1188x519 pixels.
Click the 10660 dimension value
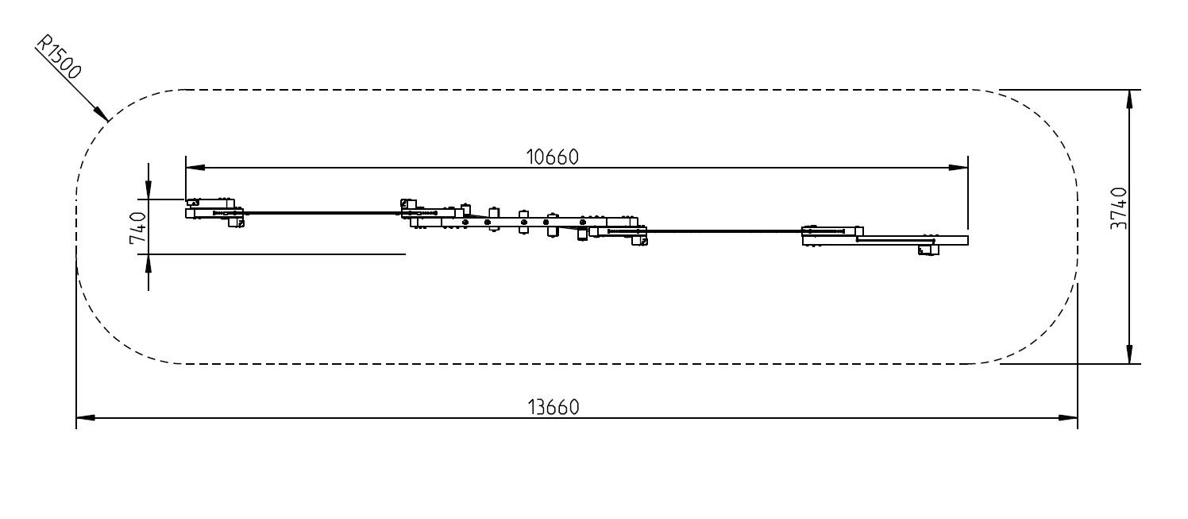tap(552, 157)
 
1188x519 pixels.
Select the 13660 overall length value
tap(553, 408)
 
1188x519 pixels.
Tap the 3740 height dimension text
tap(1119, 208)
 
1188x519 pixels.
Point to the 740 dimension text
tap(138, 227)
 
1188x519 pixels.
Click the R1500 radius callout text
tap(59, 56)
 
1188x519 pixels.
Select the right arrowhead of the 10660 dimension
tap(958, 168)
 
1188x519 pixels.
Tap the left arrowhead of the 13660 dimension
tap(86, 418)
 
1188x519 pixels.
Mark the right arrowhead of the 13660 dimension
tap(1068, 418)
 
